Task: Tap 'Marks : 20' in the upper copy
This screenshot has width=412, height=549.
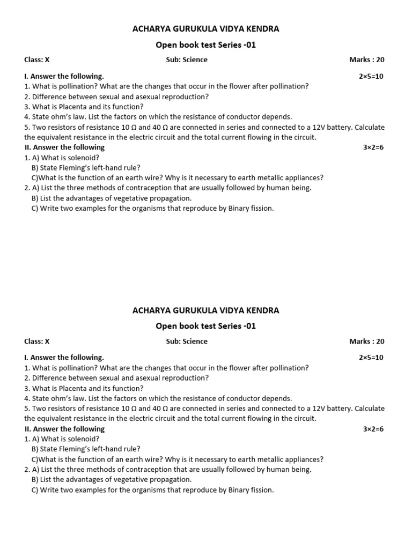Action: [x=366, y=60]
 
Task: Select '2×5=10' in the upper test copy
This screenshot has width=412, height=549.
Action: [x=371, y=76]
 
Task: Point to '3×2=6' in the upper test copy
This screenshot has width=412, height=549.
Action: [x=373, y=147]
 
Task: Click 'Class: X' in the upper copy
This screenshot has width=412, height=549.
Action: [x=36, y=60]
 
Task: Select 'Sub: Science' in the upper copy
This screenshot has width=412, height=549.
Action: [x=187, y=60]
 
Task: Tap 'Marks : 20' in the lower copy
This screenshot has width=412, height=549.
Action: [x=366, y=342]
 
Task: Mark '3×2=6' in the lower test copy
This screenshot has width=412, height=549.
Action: [x=373, y=429]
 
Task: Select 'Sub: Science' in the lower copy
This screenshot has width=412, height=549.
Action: [x=187, y=342]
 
